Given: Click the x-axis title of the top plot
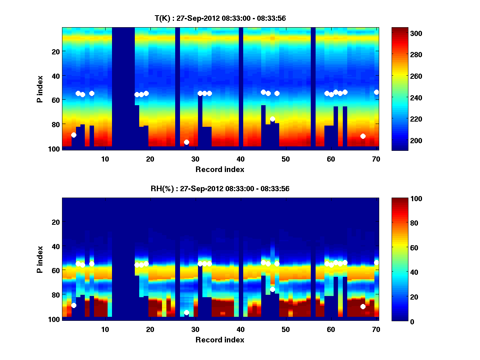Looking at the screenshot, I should pos(220,169).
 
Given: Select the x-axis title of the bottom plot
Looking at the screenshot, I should pos(220,340).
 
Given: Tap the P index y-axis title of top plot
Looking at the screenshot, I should pos(40,88).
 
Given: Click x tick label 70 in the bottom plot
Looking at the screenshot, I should pos(376,329).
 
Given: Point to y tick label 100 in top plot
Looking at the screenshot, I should pos(55,149).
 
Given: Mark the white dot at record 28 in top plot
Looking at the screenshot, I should pos(186,142).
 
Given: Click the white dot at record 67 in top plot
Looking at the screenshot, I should pos(363,136).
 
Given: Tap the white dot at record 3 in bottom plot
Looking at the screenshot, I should pos(74,305).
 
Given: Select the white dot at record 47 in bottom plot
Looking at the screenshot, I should pos(272,289).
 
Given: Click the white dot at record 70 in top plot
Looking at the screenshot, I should pos(376,92).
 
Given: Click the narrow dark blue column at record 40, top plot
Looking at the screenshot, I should pos(241,88).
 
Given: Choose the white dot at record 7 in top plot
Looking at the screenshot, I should pos(92,93).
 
